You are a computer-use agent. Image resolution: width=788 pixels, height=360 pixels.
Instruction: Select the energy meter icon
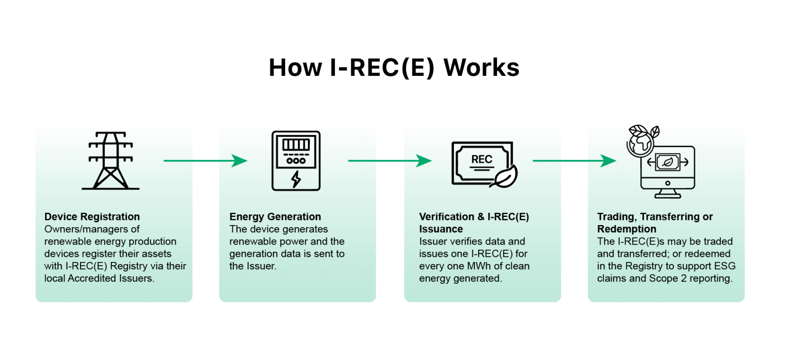click(295, 161)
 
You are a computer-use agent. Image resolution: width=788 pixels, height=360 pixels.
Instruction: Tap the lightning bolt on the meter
click(296, 179)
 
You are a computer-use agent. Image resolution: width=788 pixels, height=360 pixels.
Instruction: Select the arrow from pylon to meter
click(205, 161)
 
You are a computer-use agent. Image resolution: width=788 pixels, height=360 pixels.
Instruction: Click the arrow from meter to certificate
click(390, 161)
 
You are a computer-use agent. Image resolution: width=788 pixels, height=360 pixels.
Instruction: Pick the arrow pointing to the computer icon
click(574, 161)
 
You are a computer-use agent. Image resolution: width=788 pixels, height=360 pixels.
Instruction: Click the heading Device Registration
click(92, 216)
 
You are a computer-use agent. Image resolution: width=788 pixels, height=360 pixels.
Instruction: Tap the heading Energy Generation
click(275, 216)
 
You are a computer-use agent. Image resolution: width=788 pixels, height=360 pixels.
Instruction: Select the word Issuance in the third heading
click(441, 229)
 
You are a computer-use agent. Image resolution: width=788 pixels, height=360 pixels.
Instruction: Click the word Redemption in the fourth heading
click(626, 229)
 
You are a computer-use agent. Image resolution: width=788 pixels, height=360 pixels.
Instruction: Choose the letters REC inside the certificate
click(482, 159)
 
